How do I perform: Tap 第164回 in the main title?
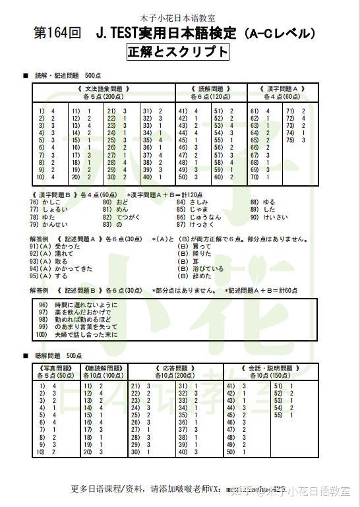[57, 32]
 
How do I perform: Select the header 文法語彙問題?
[104, 88]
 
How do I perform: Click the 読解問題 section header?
[211, 88]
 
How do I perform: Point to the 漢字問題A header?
[282, 88]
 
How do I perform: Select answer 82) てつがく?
[121, 217]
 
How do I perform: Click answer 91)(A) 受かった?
[54, 246]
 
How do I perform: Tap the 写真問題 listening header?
[55, 368]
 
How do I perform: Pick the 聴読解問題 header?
[103, 368]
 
